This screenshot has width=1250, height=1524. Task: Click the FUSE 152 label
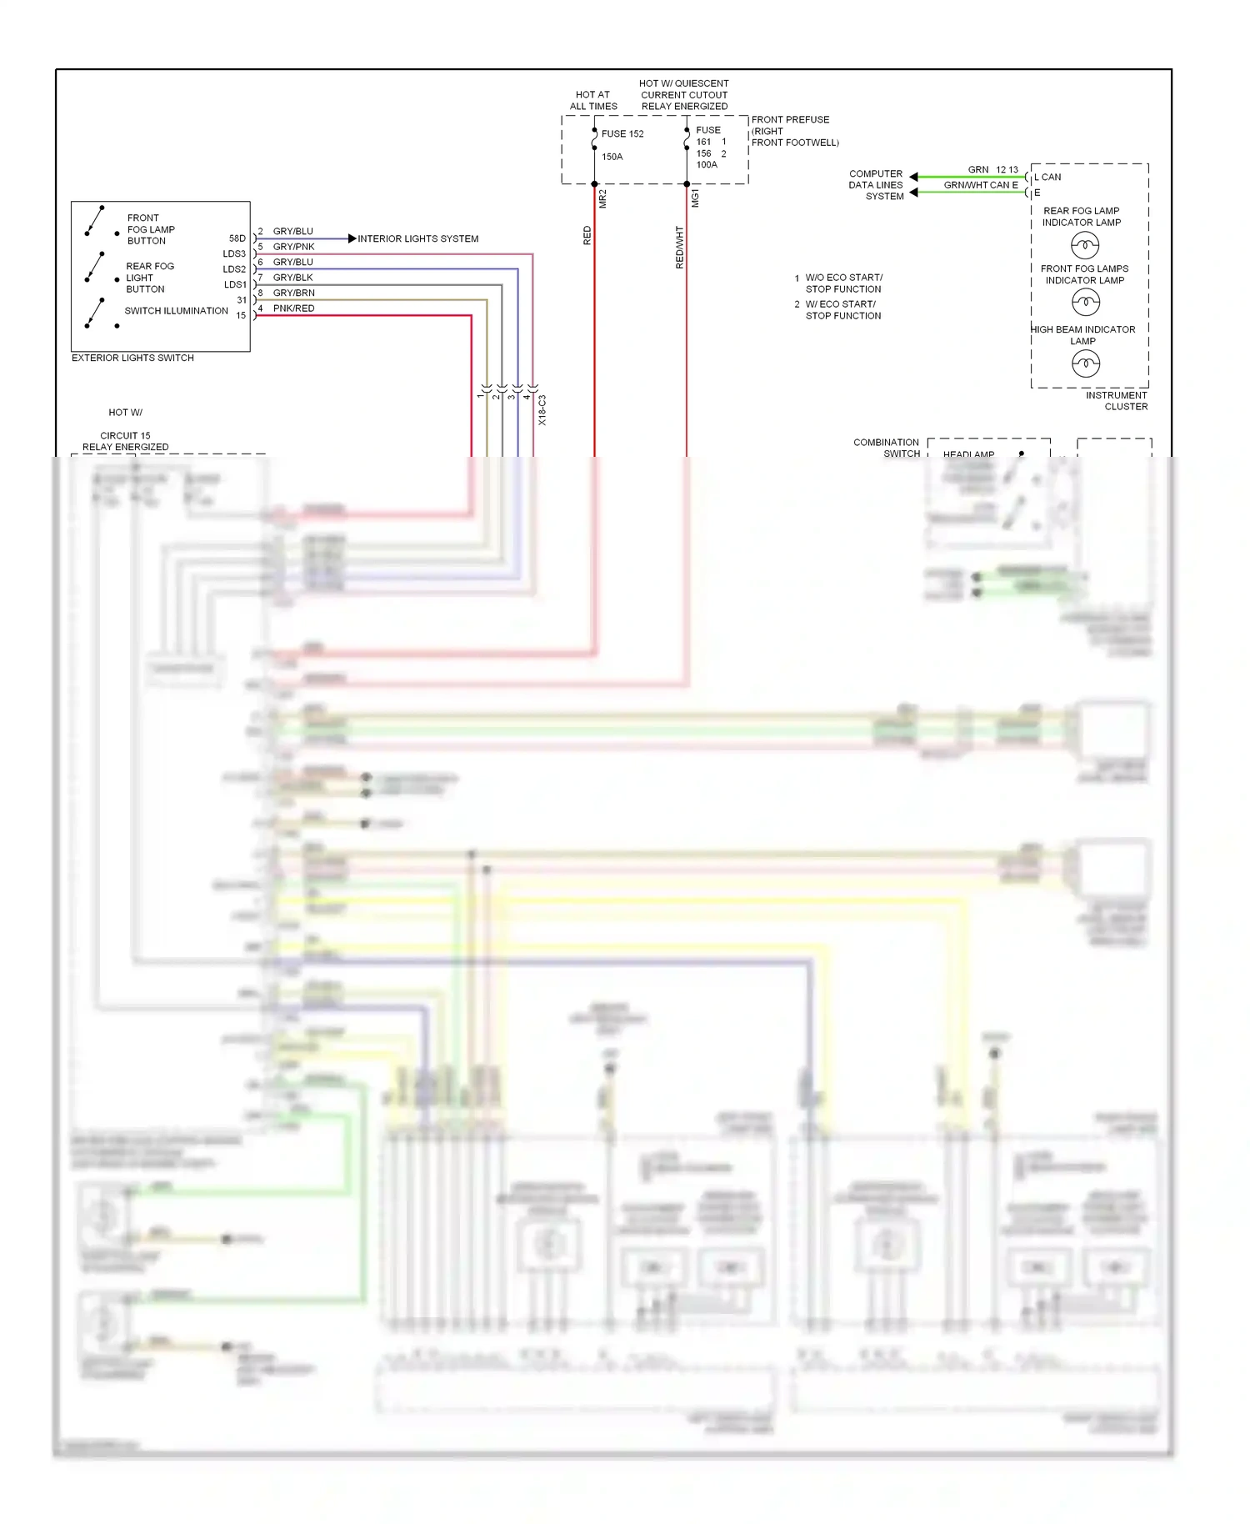(x=622, y=133)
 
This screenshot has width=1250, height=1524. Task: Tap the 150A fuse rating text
(x=612, y=157)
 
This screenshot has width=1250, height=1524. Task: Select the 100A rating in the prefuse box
(x=706, y=165)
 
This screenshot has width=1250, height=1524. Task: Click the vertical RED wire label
(x=587, y=236)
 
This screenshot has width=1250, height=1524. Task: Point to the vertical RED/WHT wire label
(x=679, y=247)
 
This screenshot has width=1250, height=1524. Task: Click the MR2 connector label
(x=602, y=198)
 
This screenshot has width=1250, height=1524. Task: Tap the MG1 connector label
(x=695, y=198)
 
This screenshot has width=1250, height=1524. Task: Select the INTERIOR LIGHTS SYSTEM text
(x=417, y=239)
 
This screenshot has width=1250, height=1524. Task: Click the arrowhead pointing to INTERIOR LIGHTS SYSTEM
(x=352, y=239)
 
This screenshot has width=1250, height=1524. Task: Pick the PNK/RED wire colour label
(x=293, y=308)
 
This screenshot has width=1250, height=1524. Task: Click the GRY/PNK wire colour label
(x=293, y=247)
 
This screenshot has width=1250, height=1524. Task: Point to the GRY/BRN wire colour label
(x=293, y=293)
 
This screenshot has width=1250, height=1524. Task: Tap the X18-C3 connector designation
(x=542, y=410)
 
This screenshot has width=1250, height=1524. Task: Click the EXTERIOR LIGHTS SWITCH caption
(x=132, y=358)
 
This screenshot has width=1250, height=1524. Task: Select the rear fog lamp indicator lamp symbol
(x=1084, y=245)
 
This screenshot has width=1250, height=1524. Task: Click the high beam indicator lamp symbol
(x=1085, y=363)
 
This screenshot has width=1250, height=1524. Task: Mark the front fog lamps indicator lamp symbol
(x=1085, y=302)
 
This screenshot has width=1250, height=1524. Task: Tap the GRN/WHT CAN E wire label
(x=980, y=185)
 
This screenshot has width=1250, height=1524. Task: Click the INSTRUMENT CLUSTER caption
(x=1117, y=401)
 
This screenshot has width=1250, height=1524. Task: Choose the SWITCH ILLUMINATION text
(x=176, y=311)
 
